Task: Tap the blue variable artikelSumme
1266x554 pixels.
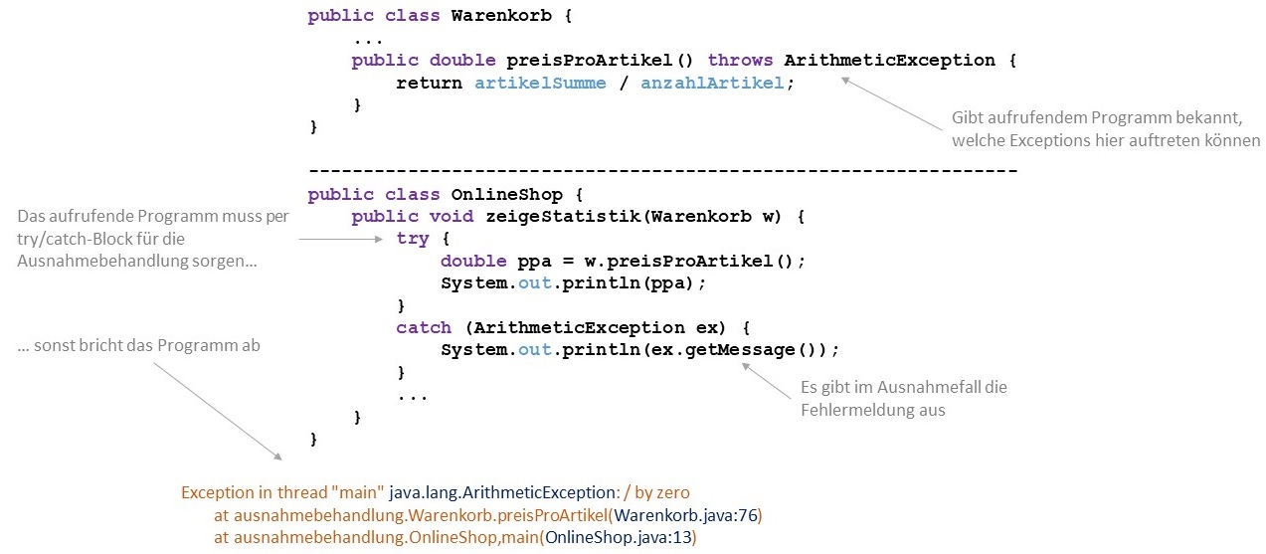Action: (x=540, y=83)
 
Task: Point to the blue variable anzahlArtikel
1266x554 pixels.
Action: (x=712, y=83)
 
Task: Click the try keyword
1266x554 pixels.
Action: (x=413, y=239)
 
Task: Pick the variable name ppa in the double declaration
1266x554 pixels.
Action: (x=534, y=261)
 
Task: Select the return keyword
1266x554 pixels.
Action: (x=429, y=83)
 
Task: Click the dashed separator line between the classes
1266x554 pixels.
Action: (x=662, y=171)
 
